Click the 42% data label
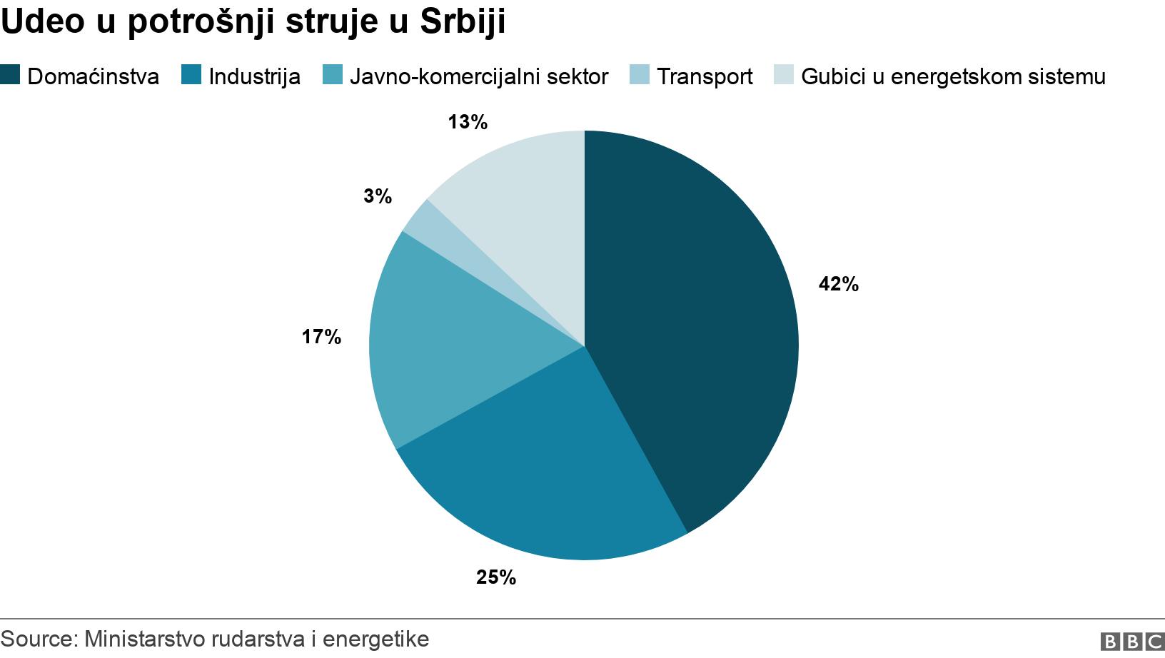[838, 285]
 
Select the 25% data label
[495, 577]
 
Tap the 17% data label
[321, 337]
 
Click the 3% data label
[377, 196]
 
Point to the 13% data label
[467, 123]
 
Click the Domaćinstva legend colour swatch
[10, 75]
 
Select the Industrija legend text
[254, 76]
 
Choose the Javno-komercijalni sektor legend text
[478, 76]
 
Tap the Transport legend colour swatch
[640, 75]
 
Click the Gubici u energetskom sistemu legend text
[953, 76]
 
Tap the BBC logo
[1131, 641]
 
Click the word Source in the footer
[36, 639]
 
